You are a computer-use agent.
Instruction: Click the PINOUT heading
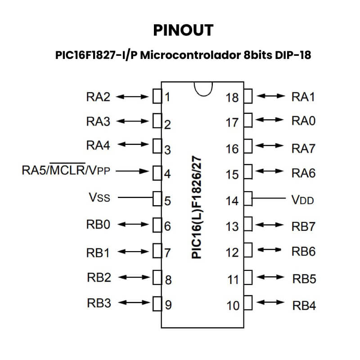coord(183,30)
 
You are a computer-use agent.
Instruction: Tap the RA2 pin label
coord(98,96)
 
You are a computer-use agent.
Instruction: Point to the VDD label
coord(303,199)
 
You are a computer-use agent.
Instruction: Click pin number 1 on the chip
coord(167,97)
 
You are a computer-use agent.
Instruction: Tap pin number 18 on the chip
coord(232,97)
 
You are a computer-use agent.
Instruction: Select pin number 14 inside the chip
coord(232,200)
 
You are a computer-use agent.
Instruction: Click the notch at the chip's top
coord(203,89)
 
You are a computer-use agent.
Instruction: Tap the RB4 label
coord(304,306)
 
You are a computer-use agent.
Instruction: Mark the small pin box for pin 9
coord(157,304)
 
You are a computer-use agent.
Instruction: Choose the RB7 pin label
coord(304,226)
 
